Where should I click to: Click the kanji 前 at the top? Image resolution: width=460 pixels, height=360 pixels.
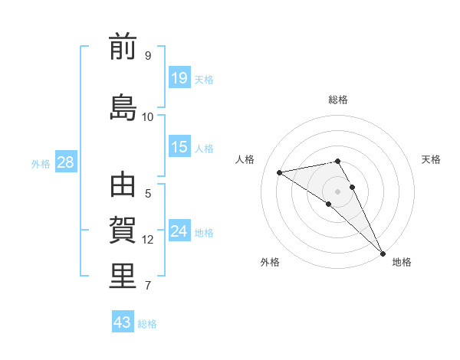point(123,47)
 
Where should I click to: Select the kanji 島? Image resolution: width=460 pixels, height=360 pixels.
point(123,108)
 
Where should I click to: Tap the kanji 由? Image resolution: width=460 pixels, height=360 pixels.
point(123,186)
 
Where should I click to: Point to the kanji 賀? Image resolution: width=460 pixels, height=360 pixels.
point(123,231)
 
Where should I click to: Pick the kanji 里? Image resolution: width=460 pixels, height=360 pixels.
point(123,276)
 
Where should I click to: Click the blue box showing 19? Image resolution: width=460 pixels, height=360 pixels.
point(179,77)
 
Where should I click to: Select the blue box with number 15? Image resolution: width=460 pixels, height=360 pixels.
point(179,147)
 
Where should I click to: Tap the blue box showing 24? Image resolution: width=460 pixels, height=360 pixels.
point(179,231)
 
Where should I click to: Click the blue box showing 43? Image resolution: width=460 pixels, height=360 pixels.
point(123,322)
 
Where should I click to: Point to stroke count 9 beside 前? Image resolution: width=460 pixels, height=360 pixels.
point(147,55)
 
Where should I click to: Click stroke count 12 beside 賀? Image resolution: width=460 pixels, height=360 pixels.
point(148,240)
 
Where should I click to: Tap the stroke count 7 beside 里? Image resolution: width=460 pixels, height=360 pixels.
point(147,286)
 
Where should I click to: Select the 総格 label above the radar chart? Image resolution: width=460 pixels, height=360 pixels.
point(338,100)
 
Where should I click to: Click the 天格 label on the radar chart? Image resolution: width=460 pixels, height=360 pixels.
point(431,159)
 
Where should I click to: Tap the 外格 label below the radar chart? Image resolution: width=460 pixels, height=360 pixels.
point(270,263)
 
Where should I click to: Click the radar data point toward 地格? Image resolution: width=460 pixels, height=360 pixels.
point(383,253)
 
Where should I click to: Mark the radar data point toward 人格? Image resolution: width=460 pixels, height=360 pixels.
point(280,172)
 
